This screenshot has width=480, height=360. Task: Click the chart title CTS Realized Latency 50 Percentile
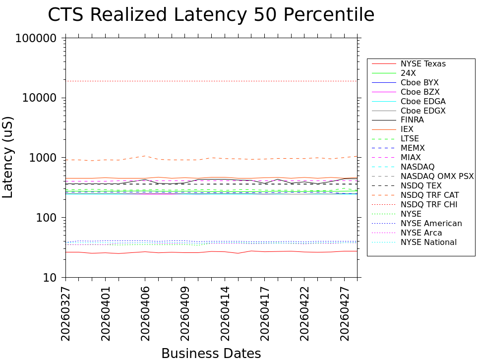211,15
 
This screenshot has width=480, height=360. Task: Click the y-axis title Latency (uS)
8,157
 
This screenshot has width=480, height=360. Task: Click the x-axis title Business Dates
211,353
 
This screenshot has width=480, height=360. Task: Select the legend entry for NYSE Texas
423,64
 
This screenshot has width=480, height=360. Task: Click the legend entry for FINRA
412,120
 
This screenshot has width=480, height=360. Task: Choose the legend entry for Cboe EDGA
423,101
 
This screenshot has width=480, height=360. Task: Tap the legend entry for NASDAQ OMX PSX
437,176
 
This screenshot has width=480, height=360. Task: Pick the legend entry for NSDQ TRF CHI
429,204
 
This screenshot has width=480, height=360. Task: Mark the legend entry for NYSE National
428,242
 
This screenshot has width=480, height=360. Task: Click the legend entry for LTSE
410,139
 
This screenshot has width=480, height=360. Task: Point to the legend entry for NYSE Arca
421,233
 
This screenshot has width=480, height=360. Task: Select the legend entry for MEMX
413,148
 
